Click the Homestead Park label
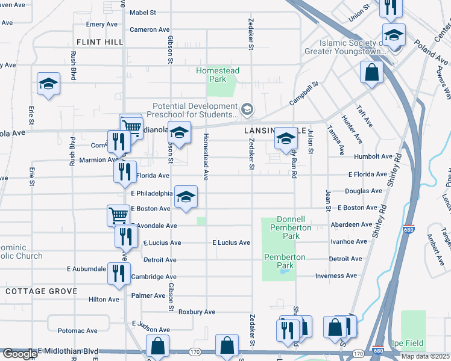pos(218,75)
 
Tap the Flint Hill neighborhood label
pos(99,42)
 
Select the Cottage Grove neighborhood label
pos(41,291)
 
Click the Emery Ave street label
pos(101,24)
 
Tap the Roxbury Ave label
pos(197,312)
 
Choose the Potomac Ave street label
pos(77,331)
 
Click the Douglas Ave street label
pos(363,191)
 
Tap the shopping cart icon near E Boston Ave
pos(118,215)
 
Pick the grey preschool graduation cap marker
pos(247,110)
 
